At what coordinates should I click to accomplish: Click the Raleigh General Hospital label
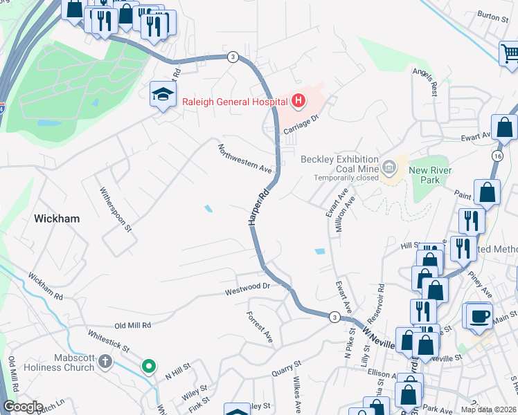tap(234, 102)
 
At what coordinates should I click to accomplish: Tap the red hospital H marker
tap(298, 102)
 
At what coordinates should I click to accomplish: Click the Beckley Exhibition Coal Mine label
tap(339, 165)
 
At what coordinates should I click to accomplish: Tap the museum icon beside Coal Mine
tap(389, 165)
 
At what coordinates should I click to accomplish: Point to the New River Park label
tap(430, 175)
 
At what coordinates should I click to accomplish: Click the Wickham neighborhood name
tap(56, 219)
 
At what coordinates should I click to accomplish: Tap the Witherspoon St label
tap(115, 210)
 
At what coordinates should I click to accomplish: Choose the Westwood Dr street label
tap(246, 286)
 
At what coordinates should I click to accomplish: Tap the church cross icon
tap(105, 362)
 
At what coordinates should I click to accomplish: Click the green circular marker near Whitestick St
tap(148, 367)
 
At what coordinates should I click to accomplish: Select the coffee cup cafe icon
tap(479, 315)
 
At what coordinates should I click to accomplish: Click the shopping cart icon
tap(510, 53)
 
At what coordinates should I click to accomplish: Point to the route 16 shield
tap(498, 157)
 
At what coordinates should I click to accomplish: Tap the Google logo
tap(23, 407)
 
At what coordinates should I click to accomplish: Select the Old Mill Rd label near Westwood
tap(132, 324)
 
